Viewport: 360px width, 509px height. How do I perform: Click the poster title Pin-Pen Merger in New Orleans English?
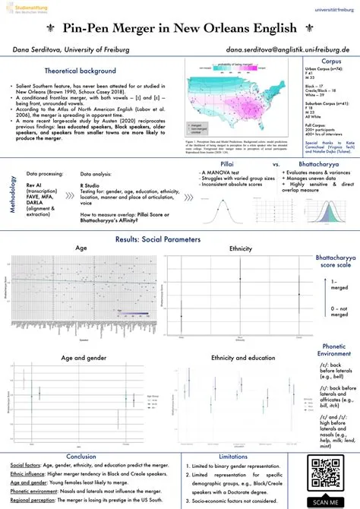point(180,30)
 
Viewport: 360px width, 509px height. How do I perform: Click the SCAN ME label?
point(330,501)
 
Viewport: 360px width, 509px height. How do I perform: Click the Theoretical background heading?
point(74,70)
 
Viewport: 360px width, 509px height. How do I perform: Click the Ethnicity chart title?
point(240,248)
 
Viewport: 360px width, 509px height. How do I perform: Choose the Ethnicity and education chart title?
point(242,357)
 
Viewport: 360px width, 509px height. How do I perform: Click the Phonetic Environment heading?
point(335,350)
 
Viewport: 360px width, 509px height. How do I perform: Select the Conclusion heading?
point(81,456)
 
